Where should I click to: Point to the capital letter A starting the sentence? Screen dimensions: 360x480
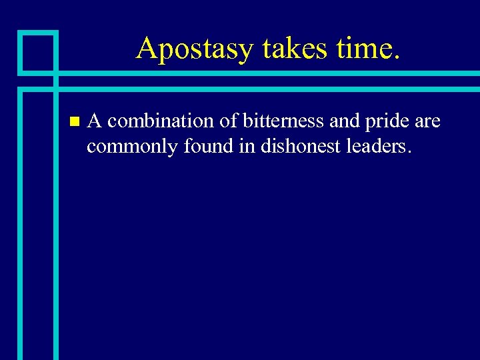point(95,121)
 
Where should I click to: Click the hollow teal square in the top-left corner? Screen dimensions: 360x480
point(37,51)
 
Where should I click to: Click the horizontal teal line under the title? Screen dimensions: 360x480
point(267,73)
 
